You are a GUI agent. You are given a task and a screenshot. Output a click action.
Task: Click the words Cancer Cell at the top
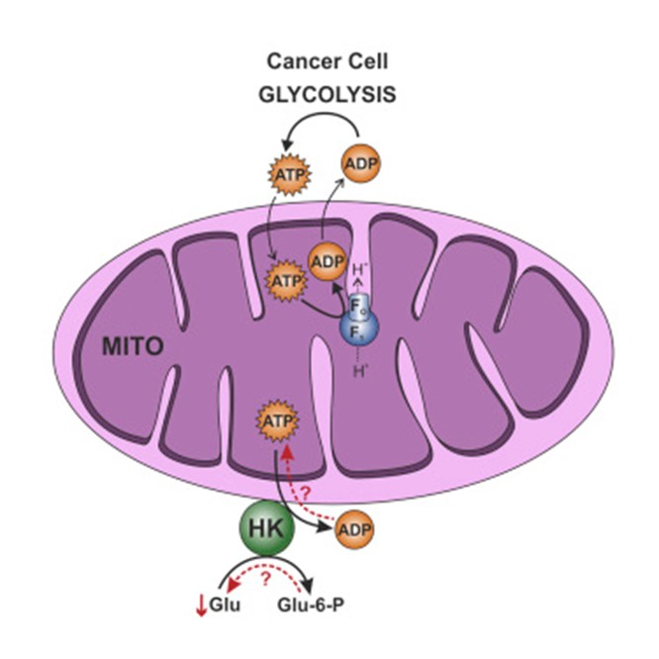[326, 61]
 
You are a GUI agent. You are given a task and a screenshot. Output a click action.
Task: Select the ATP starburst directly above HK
[277, 424]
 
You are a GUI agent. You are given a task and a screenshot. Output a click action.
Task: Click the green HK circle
[262, 531]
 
